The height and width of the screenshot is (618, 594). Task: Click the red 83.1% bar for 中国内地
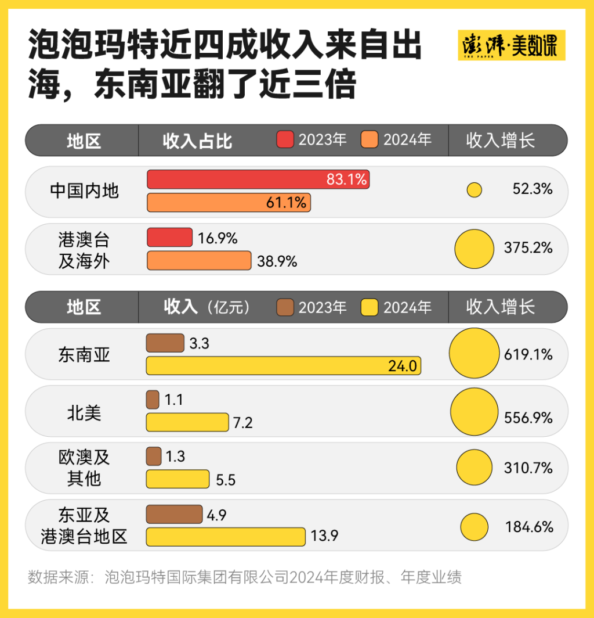pyautogui.click(x=258, y=179)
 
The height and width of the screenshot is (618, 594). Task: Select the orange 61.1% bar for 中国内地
pyautogui.click(x=229, y=203)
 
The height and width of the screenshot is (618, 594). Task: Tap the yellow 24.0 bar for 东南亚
pyautogui.click(x=283, y=366)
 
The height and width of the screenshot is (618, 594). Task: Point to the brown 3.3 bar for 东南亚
pyautogui.click(x=165, y=343)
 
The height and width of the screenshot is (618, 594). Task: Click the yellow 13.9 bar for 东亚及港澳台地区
pyautogui.click(x=226, y=537)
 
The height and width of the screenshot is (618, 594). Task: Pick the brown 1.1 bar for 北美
pyautogui.click(x=153, y=400)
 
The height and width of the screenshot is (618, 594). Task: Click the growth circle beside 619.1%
pyautogui.click(x=474, y=354)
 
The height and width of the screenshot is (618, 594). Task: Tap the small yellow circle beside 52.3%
pyautogui.click(x=475, y=190)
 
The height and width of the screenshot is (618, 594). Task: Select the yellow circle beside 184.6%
pyautogui.click(x=475, y=527)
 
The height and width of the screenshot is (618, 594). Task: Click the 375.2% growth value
pyautogui.click(x=528, y=248)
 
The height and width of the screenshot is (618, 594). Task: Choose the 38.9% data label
pyautogui.click(x=277, y=262)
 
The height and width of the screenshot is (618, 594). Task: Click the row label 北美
pyautogui.click(x=84, y=412)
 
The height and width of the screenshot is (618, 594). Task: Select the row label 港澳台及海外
pyautogui.click(x=84, y=250)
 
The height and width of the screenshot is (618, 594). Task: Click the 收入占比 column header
pyautogui.click(x=197, y=141)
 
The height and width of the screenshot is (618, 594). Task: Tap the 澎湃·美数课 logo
pyautogui.click(x=511, y=46)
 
